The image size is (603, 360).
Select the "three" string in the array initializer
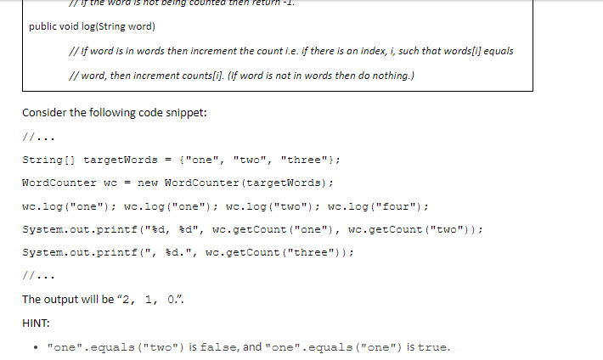click(302, 160)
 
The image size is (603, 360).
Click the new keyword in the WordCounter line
click(146, 183)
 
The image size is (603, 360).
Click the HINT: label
click(37, 323)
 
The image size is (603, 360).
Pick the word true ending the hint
click(432, 346)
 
